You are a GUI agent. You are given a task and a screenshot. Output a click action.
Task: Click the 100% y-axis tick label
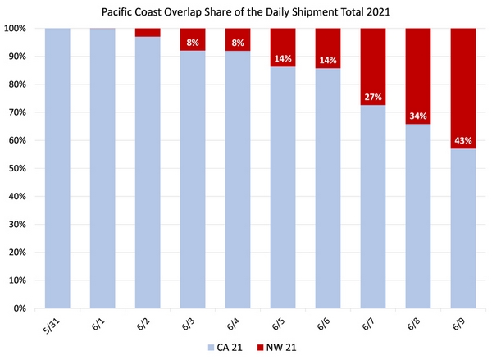point(17,29)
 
